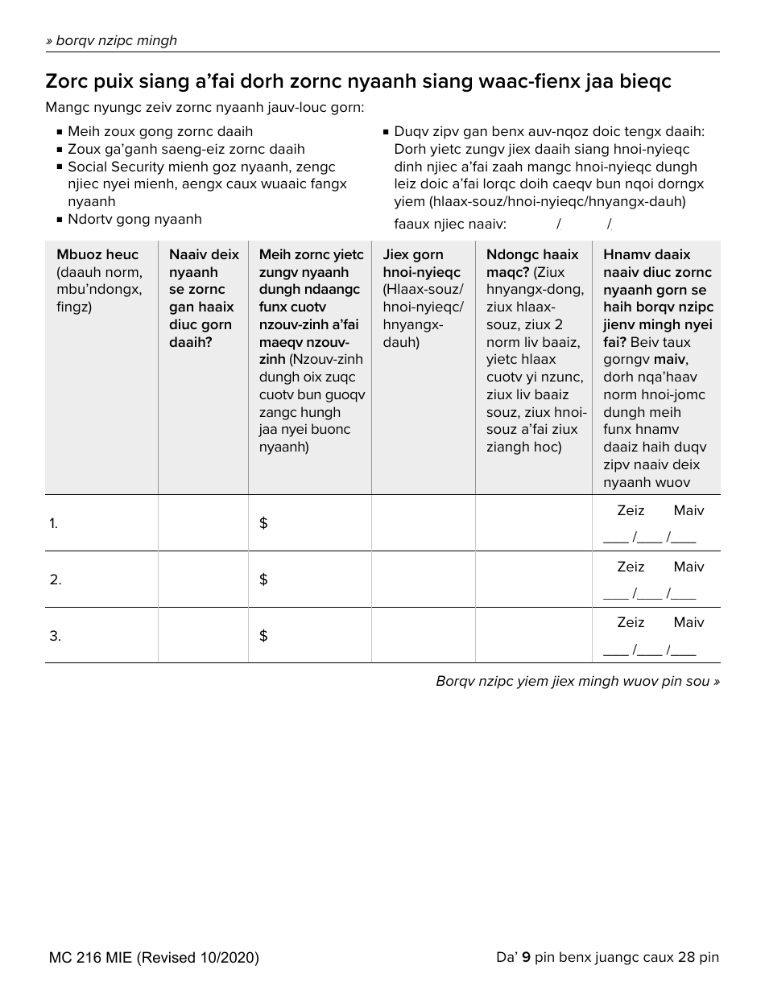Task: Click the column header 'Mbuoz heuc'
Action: [x=97, y=254]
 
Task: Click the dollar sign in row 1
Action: [x=263, y=523]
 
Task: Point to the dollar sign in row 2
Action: [x=263, y=580]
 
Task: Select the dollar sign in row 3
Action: [x=263, y=636]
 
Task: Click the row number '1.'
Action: [x=53, y=523]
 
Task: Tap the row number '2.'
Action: [x=55, y=580]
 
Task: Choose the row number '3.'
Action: [x=55, y=636]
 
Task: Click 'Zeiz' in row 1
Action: [x=631, y=510]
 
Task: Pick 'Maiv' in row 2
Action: [x=688, y=567]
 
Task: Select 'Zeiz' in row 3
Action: [x=631, y=622]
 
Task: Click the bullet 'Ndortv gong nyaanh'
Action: [x=134, y=219]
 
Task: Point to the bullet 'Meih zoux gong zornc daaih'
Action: [x=159, y=131]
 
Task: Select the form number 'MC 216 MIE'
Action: [x=90, y=958]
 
